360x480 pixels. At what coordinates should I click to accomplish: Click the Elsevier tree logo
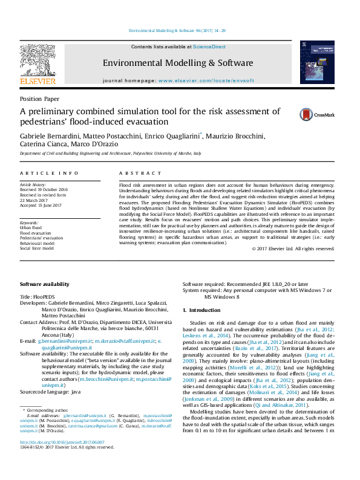[x=38, y=61]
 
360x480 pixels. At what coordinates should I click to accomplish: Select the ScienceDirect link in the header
[x=209, y=47]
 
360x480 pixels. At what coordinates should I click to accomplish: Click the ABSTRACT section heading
[x=136, y=174]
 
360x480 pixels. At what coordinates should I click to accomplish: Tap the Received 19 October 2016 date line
[x=44, y=189]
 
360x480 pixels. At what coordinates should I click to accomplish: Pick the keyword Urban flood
[x=32, y=228]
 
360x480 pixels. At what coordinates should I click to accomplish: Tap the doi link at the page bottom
[x=62, y=459]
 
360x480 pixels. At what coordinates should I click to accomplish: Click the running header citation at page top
[x=178, y=30]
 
